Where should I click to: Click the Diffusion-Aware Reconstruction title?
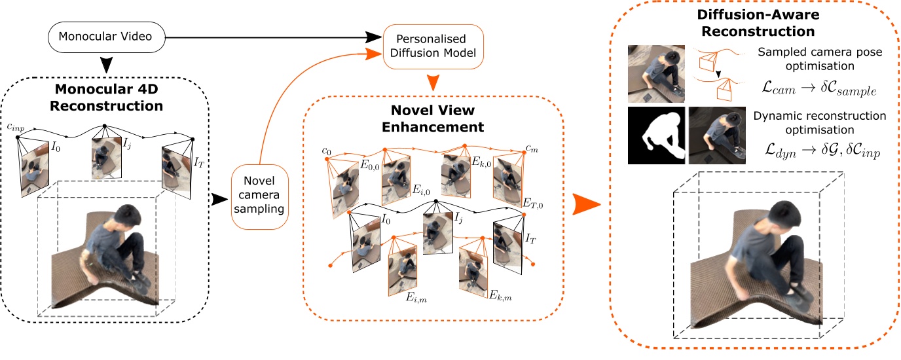coord(756,24)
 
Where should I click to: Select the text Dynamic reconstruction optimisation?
coord(820,122)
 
